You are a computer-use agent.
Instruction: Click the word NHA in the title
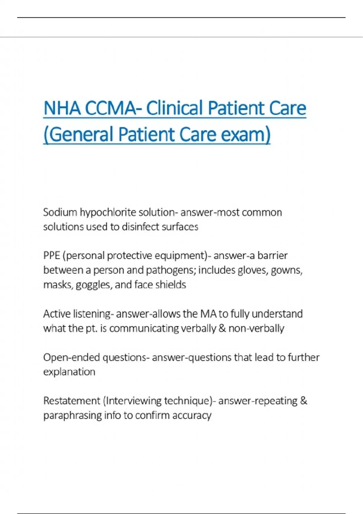pyautogui.click(x=62, y=108)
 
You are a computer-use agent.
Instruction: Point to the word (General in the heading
pyautogui.click(x=78, y=135)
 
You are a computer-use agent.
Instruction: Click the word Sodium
pyautogui.click(x=60, y=212)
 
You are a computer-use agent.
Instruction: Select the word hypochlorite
pyautogui.click(x=108, y=212)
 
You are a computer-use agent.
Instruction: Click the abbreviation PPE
pyautogui.click(x=52, y=255)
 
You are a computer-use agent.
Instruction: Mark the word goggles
pyautogui.click(x=93, y=285)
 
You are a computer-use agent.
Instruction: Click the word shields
pyautogui.click(x=172, y=285)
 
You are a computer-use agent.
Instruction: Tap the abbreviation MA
pyautogui.click(x=208, y=314)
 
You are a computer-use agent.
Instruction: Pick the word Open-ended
pyautogui.click(x=71, y=357)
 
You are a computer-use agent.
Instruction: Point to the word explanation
pyautogui.click(x=69, y=372)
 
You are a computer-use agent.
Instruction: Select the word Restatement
pyautogui.click(x=71, y=401)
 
